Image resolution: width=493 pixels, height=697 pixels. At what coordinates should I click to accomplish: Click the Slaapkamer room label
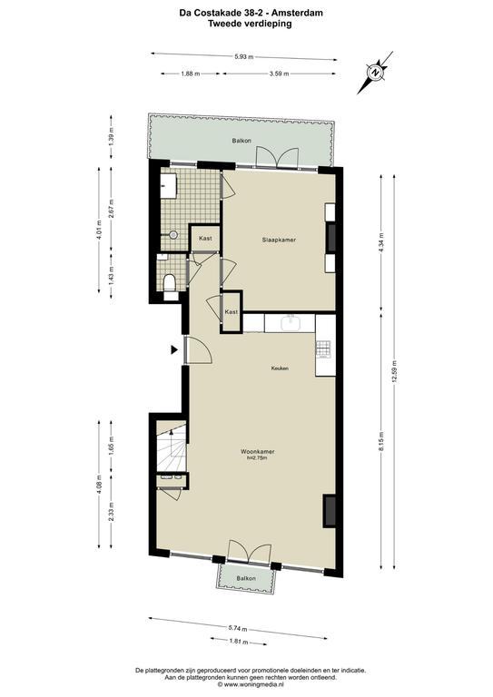point(279,240)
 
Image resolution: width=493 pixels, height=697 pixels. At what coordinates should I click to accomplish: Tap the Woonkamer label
point(257,452)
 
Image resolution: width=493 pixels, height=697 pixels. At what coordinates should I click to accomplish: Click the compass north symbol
point(376,73)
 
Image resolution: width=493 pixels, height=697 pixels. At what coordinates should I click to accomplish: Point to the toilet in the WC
point(170,284)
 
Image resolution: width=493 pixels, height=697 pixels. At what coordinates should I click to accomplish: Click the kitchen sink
point(290,322)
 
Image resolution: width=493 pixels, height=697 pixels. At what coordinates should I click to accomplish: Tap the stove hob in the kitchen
point(323,349)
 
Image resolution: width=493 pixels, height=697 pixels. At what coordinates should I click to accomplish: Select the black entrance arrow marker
point(174,350)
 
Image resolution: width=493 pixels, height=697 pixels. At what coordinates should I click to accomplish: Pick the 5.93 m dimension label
point(243,56)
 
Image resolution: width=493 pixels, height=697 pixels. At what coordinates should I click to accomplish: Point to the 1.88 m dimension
point(191,74)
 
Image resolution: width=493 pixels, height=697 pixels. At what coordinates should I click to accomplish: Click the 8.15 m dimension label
point(381,440)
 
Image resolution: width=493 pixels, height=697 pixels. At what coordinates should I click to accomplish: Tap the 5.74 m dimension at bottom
point(238,628)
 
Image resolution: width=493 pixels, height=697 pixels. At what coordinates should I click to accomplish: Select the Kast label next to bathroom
point(205,239)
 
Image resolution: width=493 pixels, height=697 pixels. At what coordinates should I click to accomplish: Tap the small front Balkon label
point(246,578)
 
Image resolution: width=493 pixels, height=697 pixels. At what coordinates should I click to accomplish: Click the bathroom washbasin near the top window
point(169,185)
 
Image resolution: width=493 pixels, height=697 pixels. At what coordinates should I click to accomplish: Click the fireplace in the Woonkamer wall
point(330,510)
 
